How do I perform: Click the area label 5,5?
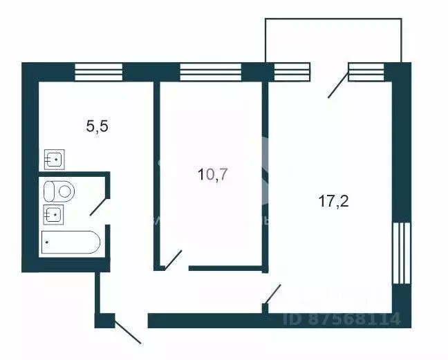96,126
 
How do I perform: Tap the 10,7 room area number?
212,174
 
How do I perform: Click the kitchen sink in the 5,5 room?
55,160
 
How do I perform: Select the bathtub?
71,243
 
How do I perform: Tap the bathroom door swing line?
99,205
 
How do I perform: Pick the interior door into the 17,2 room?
273,294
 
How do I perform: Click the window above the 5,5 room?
98,72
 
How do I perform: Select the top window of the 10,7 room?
210,72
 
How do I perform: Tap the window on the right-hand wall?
402,252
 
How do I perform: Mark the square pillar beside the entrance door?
104,321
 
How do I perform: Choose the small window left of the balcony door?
292,72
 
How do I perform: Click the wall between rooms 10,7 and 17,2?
265,173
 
